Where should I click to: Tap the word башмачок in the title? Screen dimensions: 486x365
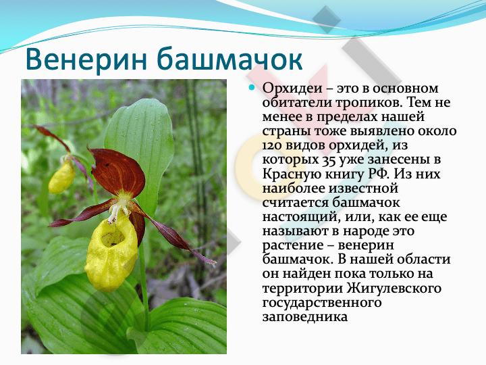(230, 59)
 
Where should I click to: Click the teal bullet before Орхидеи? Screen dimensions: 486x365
(252, 87)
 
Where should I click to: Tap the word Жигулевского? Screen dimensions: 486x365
(394, 288)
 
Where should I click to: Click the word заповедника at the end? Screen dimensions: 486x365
(305, 317)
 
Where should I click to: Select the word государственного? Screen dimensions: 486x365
(322, 303)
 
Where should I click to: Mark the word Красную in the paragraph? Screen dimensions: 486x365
(292, 174)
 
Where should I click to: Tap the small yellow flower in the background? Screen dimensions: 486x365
(62, 177)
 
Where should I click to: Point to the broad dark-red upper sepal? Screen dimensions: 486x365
(117, 172)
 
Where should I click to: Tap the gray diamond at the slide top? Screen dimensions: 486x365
(327, 19)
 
